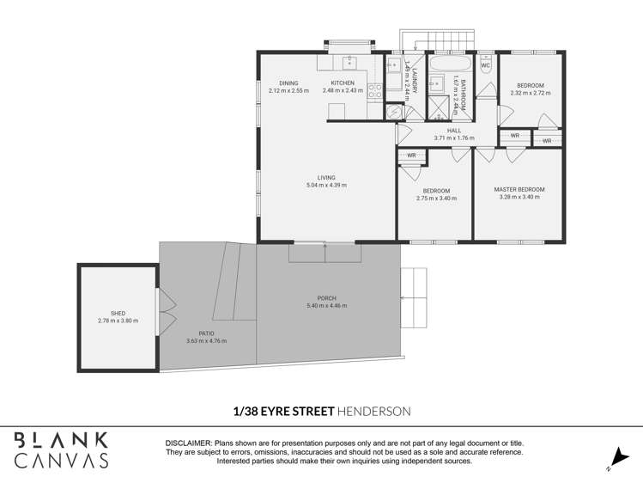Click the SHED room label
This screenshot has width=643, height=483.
(118, 314)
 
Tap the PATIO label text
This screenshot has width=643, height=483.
(206, 333)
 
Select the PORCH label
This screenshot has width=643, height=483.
(326, 298)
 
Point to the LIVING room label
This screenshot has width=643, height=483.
(326, 178)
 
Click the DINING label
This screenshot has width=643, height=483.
(288, 83)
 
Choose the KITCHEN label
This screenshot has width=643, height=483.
(343, 83)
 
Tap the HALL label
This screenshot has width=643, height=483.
(454, 131)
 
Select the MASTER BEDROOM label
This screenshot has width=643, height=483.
(519, 190)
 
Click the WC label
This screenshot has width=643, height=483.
(485, 65)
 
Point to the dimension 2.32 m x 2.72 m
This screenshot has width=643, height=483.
(530, 93)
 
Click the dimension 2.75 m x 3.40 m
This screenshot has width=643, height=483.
(436, 199)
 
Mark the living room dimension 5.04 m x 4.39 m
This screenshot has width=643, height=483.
(326, 186)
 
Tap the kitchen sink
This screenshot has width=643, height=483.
(349, 63)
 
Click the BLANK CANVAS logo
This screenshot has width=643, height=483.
(62, 449)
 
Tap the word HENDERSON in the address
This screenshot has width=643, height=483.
(374, 412)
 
